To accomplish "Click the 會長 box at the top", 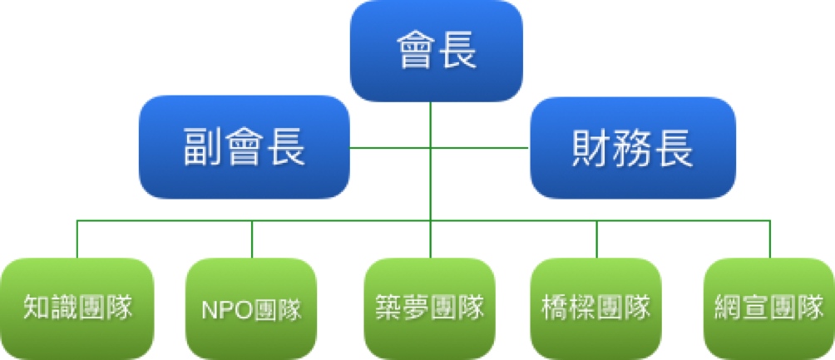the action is click(436, 51).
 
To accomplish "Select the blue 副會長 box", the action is click(245, 147).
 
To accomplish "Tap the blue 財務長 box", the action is click(633, 147).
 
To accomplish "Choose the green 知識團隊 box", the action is click(77, 308).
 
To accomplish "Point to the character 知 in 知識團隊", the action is click(37, 308).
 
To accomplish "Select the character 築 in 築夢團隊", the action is click(388, 308).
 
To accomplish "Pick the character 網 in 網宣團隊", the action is click(728, 308).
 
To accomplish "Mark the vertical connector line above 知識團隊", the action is click(77, 239).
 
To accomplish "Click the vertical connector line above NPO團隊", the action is click(252, 239).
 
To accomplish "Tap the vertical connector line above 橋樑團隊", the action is click(596, 239).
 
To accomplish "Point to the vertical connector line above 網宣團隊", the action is click(770, 239).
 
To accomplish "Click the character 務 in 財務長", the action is click(633, 147).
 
